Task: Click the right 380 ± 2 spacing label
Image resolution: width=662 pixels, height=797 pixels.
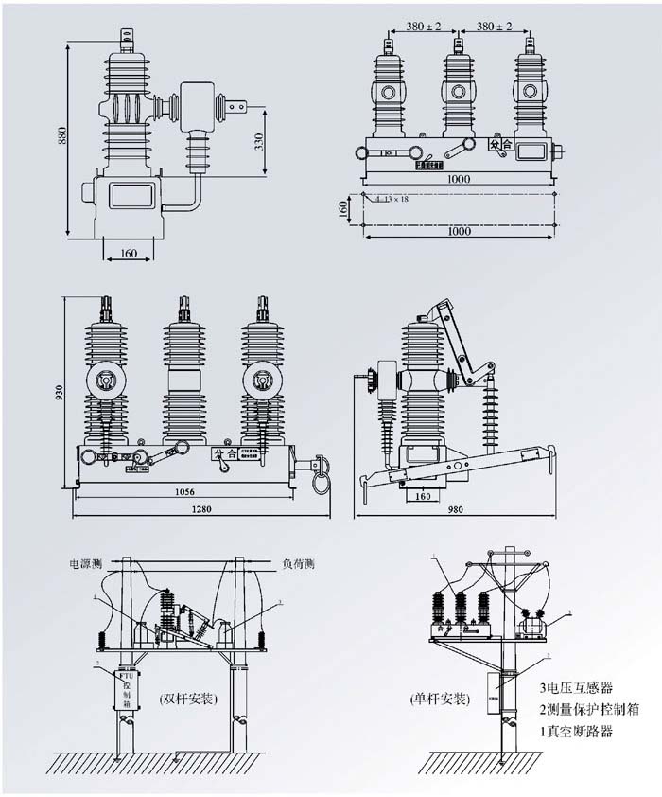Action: (493, 27)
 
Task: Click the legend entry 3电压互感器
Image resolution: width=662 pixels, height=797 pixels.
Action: (576, 687)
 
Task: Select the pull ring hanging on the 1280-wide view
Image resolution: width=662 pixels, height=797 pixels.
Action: (322, 483)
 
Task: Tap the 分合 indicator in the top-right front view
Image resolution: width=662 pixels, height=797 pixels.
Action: (500, 145)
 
